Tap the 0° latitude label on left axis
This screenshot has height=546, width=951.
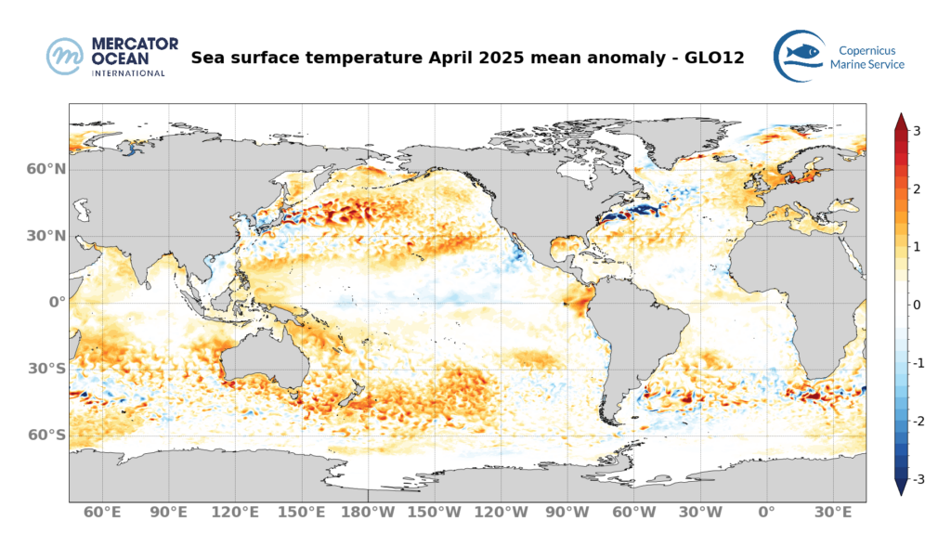[x=55, y=303]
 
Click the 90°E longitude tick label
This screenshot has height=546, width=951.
[x=169, y=512]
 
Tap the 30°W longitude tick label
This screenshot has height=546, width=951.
[x=699, y=512]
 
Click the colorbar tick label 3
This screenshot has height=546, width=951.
[x=916, y=131]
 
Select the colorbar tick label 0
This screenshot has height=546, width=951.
[x=916, y=305]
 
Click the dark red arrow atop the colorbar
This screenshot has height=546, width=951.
[x=900, y=122]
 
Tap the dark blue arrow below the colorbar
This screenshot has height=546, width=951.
[x=900, y=487]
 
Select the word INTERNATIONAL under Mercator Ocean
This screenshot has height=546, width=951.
[x=128, y=72]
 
